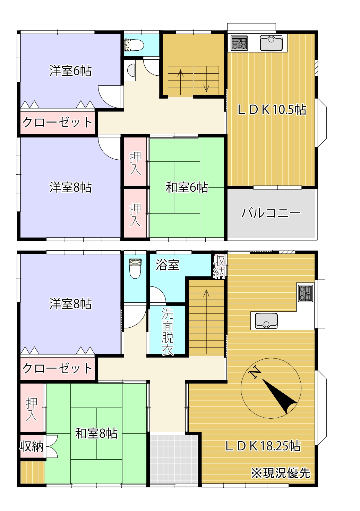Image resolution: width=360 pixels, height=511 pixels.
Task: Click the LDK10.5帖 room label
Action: click(x=272, y=110)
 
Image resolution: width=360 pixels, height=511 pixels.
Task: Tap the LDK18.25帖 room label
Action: click(x=263, y=446)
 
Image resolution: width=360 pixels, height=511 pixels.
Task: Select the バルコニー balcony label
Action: click(x=271, y=213)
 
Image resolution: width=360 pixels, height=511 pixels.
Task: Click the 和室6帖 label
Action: click(x=187, y=187)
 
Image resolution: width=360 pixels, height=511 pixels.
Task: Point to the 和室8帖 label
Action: click(x=96, y=433)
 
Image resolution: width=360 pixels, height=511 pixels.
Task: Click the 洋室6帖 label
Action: click(x=70, y=71)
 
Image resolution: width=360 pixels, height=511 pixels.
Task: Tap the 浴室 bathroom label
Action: click(x=167, y=265)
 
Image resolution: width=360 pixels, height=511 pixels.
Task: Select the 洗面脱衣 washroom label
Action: click(x=168, y=332)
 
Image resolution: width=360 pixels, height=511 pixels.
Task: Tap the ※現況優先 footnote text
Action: click(x=280, y=473)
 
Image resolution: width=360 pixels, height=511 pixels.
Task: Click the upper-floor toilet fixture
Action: click(x=134, y=45)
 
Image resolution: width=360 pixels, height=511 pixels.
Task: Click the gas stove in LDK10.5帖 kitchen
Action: click(x=239, y=43)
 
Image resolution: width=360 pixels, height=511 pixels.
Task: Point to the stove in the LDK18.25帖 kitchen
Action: click(x=305, y=293)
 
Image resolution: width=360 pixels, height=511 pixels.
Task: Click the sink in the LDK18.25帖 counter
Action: click(x=266, y=320)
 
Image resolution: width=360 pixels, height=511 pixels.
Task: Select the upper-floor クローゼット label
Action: click(x=57, y=122)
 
